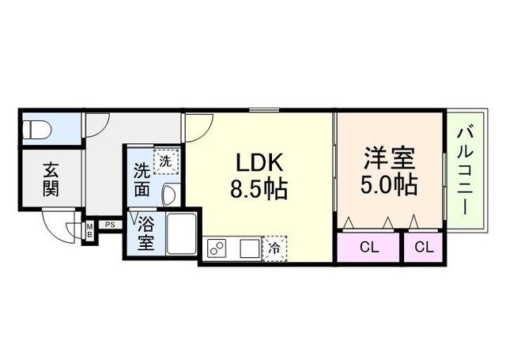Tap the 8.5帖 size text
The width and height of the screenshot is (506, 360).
click(259, 189)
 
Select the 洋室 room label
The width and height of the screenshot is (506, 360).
click(389, 157)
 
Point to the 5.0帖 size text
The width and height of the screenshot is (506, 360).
click(390, 184)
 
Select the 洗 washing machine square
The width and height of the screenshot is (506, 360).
click(164, 161)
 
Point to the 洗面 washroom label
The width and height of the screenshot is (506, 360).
click(142, 180)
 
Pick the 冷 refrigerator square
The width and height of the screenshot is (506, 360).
click(274, 248)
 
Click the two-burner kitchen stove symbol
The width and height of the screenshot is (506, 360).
click(217, 248)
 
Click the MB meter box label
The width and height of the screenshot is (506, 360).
click(89, 230)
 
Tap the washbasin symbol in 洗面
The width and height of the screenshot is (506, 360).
click(168, 194)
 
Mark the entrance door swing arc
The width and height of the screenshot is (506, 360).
click(57, 229)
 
